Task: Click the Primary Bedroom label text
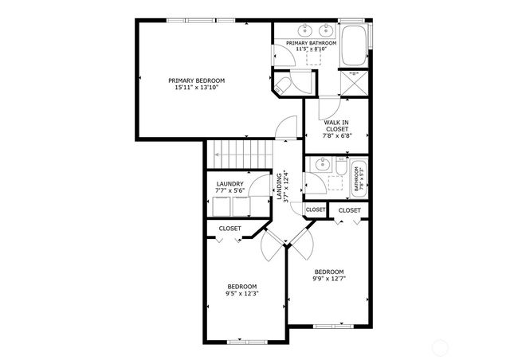[196, 80]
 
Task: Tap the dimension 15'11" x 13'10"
[196, 88]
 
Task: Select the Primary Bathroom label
[304, 42]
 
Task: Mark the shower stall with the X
[353, 82]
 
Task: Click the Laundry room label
[229, 184]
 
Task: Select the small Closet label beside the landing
[316, 209]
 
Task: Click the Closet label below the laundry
[230, 229]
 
